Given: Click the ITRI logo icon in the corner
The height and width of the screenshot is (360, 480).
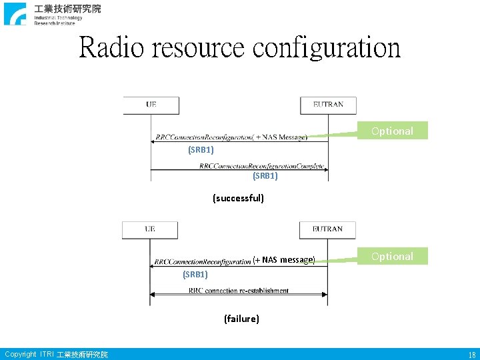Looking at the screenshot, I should click(15, 14).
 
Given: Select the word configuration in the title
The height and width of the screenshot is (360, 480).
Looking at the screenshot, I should click(327, 48).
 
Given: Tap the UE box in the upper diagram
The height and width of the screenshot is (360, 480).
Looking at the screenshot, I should click(151, 105).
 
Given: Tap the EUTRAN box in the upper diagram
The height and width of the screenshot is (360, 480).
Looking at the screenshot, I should click(328, 105).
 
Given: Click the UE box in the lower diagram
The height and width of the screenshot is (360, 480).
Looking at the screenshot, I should click(150, 229).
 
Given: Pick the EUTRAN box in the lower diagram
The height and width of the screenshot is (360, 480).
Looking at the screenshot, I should click(327, 229).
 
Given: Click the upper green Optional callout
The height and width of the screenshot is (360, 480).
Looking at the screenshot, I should click(392, 131).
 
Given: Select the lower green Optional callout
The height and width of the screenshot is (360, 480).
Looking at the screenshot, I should click(392, 256).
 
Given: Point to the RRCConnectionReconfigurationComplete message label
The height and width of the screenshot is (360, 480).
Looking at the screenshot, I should click(261, 166).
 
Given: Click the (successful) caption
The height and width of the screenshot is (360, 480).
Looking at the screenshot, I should click(238, 198).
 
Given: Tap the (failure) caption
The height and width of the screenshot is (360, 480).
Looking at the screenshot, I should click(241, 319).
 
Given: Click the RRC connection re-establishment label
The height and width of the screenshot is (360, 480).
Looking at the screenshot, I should click(239, 291).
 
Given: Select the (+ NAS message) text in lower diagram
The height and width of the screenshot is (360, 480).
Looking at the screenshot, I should click(283, 260).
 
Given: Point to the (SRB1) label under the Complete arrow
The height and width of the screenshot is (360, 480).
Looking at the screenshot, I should click(265, 176).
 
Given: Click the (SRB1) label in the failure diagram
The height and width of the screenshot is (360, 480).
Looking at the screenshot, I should click(195, 274).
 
